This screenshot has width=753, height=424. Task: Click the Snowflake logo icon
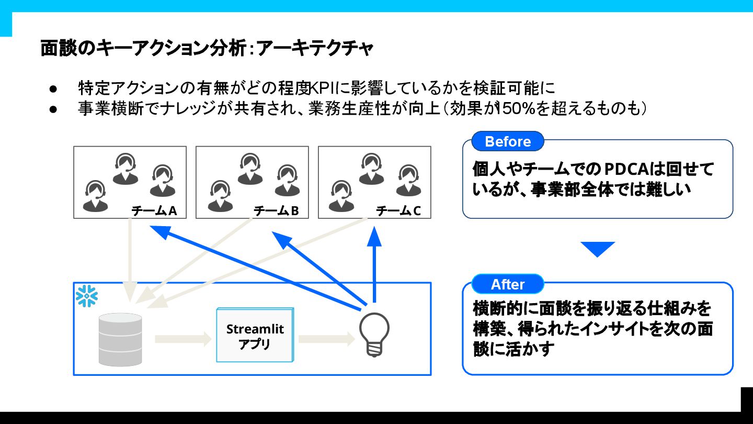[87, 296]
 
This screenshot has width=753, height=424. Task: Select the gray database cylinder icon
[120, 339]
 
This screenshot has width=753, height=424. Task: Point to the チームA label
[154, 211]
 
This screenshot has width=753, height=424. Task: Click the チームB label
[276, 211]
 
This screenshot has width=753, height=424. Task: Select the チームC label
[398, 211]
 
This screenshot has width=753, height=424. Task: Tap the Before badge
[507, 141]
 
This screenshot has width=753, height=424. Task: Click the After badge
[507, 284]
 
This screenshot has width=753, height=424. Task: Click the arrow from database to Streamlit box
[183, 339]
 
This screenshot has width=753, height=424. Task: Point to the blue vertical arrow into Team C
[374, 262]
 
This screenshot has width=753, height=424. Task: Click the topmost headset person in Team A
[126, 168]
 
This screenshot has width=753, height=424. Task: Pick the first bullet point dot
[53, 88]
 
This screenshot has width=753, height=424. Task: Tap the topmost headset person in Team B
[249, 168]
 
